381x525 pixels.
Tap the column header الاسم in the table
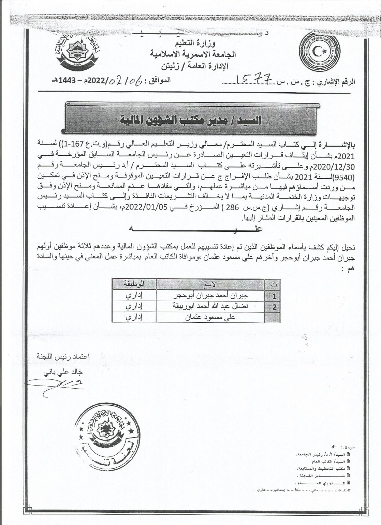click(x=211, y=284)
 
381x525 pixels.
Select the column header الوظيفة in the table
click(x=133, y=284)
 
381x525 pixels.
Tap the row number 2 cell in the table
click(x=274, y=307)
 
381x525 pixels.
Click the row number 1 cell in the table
click(x=274, y=296)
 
